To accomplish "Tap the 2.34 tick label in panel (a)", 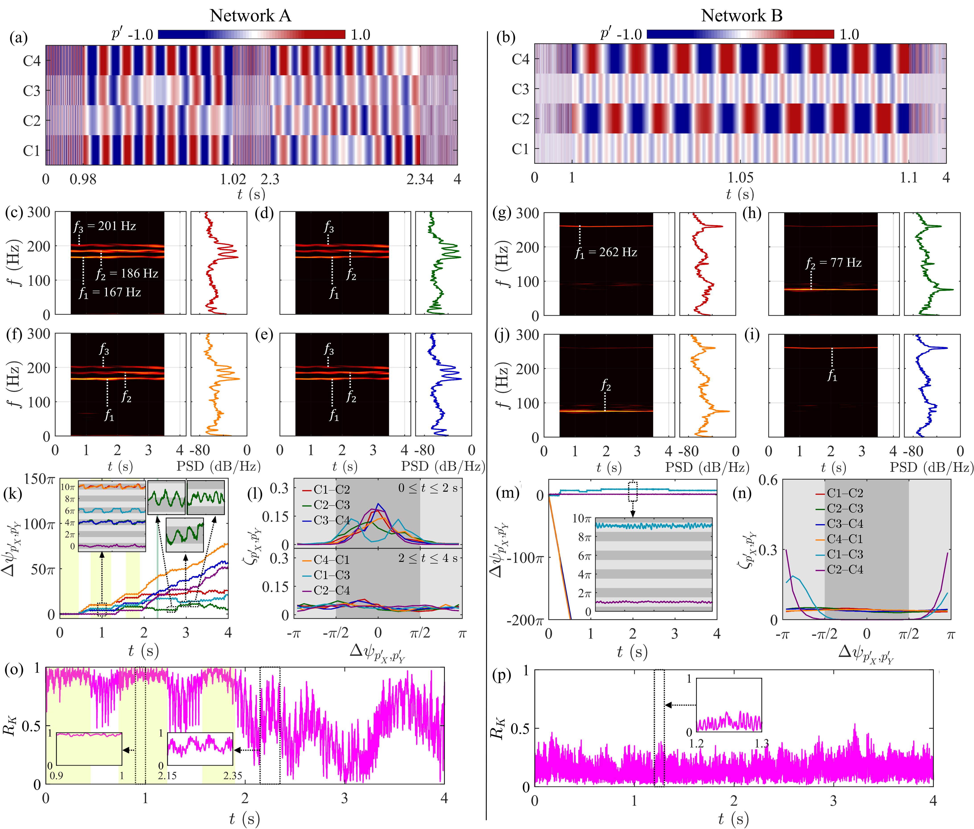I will coord(420,179).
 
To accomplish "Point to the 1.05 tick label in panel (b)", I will coord(740,178).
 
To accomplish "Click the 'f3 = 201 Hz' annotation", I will coord(105,226).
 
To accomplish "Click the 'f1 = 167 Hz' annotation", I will coord(109,292).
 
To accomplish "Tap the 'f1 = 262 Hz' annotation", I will coord(606,252).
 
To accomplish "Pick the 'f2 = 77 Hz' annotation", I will coord(833,263).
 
